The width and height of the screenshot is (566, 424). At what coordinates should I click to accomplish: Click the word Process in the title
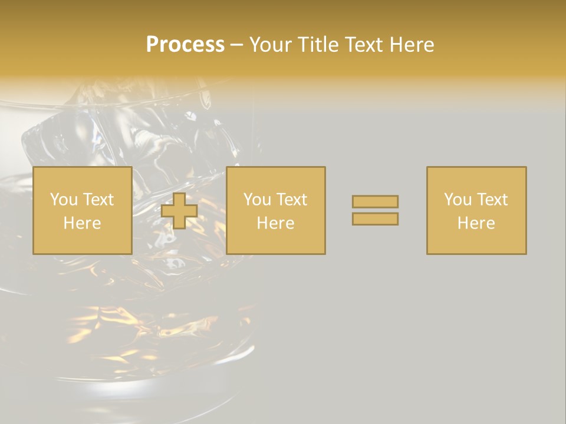[185, 45]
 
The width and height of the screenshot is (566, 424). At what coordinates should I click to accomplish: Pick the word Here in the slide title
[412, 45]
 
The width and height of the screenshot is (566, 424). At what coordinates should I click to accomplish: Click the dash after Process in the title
[236, 45]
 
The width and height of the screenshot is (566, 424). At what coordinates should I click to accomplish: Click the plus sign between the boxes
[179, 211]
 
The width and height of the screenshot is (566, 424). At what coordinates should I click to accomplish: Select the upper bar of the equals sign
[375, 201]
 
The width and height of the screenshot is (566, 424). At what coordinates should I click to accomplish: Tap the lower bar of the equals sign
[375, 218]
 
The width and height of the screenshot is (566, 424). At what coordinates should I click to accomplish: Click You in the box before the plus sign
[64, 200]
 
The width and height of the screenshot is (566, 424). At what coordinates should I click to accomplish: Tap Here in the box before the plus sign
[82, 223]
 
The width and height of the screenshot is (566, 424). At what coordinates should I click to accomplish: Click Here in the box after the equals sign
[476, 223]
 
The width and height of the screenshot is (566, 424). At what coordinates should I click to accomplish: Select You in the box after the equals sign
[458, 200]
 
